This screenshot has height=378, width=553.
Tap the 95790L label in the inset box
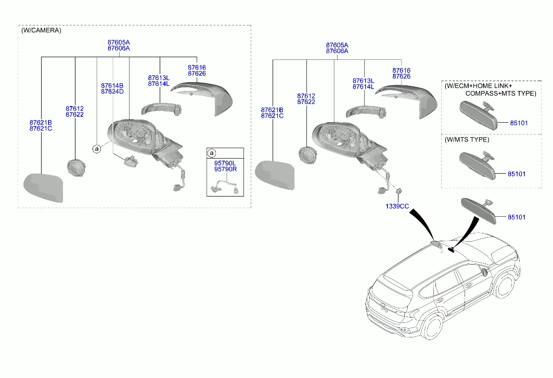click(x=225, y=163)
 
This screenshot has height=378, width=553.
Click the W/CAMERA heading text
click(x=42, y=31)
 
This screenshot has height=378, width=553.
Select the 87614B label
click(x=112, y=85)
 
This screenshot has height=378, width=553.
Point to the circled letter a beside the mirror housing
click(x=97, y=149)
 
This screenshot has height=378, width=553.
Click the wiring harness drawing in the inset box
click(x=225, y=184)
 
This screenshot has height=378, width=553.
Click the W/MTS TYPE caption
click(x=467, y=140)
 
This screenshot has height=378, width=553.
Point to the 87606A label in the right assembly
click(x=337, y=51)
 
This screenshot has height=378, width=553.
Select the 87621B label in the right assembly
click(x=273, y=110)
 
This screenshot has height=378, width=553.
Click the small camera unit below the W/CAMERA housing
click(x=130, y=161)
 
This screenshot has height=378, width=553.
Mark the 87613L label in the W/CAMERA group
click(x=159, y=78)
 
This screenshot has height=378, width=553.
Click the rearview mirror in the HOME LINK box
click(x=478, y=113)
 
